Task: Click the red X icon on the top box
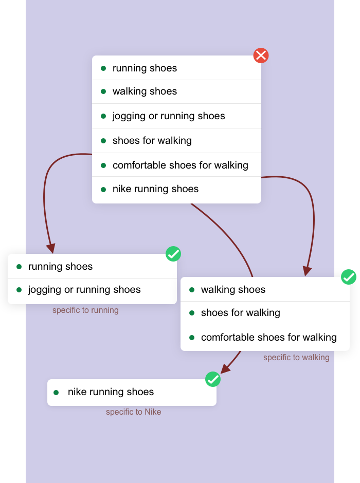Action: (x=261, y=55)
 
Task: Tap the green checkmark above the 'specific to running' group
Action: (x=173, y=254)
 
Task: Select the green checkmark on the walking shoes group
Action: (x=349, y=277)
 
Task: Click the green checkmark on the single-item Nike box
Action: (x=213, y=379)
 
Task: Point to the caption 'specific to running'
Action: (x=85, y=310)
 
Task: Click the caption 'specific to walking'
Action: (x=296, y=358)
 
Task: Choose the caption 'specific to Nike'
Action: (x=134, y=412)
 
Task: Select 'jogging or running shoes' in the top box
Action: (x=169, y=116)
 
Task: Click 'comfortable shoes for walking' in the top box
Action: (x=180, y=165)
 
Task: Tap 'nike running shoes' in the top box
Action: (x=155, y=189)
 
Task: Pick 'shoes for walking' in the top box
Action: (x=152, y=141)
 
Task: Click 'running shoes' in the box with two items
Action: (x=60, y=267)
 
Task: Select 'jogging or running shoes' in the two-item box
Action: (x=84, y=290)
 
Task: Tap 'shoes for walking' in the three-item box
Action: (x=240, y=313)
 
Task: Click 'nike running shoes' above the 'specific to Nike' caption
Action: (x=111, y=392)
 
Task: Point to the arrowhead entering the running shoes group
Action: (x=51, y=248)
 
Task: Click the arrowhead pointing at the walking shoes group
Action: (x=307, y=271)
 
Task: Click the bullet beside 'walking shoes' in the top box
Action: (x=103, y=91)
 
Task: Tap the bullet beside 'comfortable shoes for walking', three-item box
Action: (x=192, y=338)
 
